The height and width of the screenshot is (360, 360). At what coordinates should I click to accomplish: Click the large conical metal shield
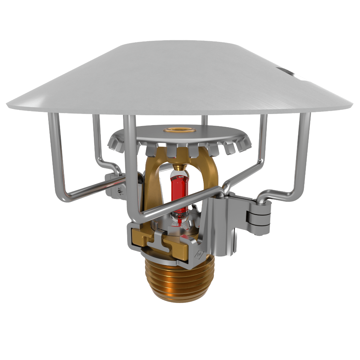(180, 78)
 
